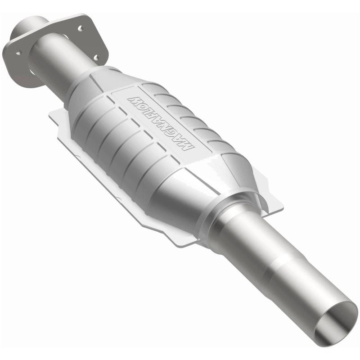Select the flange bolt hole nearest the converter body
[x=96, y=57]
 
